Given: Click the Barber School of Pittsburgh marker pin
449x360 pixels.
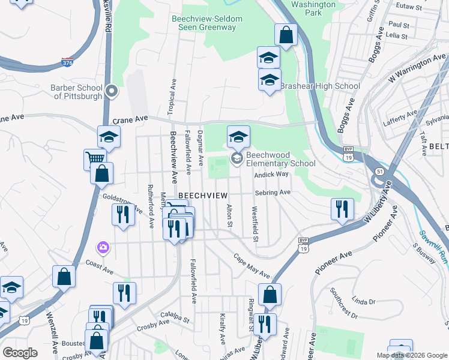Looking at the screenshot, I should coord(111,92).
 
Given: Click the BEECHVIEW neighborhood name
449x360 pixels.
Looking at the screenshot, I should coord(203,196).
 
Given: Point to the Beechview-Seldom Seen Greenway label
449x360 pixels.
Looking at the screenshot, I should coord(207,23).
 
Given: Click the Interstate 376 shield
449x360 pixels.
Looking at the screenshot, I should coord(67,62).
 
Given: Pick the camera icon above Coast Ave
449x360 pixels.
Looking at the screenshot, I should coord(103,247).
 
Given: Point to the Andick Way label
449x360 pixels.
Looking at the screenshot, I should coord(271,175).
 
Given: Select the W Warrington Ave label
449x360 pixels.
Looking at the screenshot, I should coord(418,69).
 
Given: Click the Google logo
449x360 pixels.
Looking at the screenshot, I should coord(20,353).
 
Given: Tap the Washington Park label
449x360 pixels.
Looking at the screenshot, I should coord(313,8).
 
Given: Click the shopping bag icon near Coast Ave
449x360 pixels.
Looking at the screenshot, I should coord(64,277).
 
